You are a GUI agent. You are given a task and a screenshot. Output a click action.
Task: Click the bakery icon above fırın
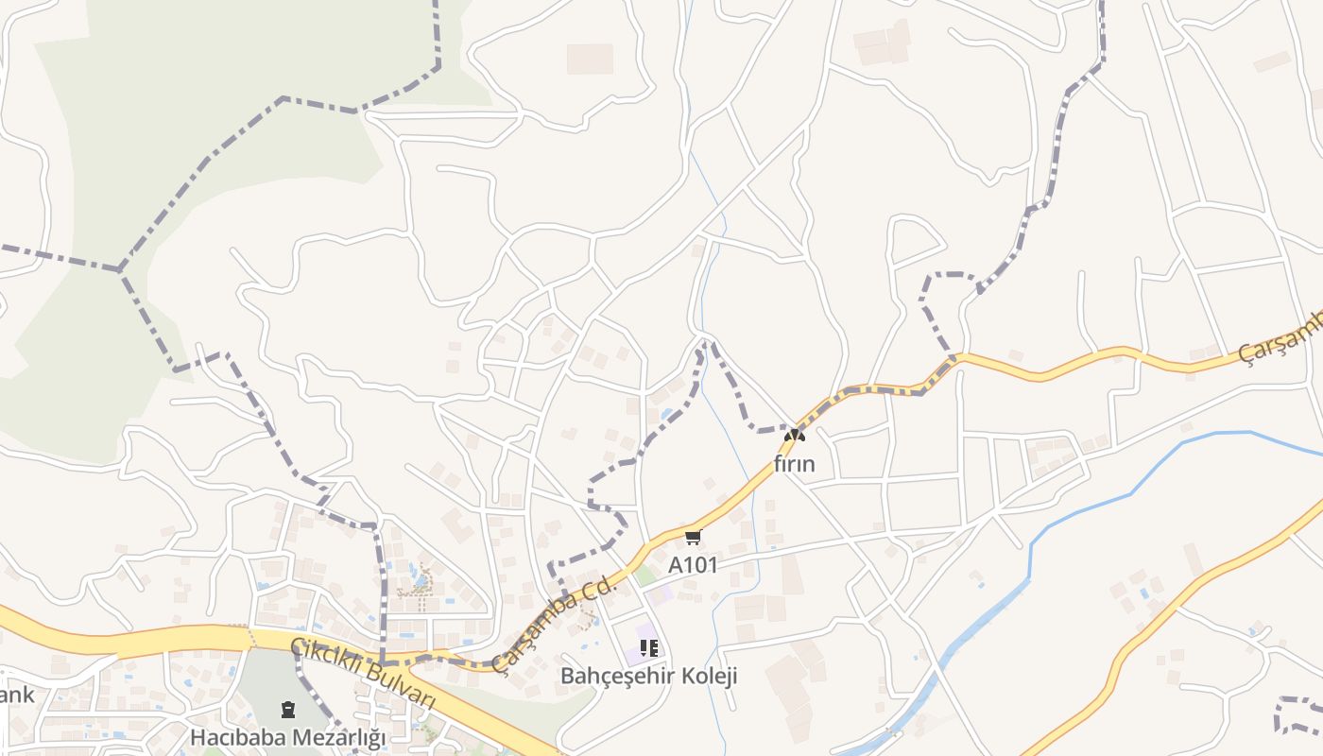click(x=795, y=436)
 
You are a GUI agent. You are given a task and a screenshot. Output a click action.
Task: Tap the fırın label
click(x=794, y=464)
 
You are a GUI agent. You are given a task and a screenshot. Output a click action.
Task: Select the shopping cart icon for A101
click(x=693, y=538)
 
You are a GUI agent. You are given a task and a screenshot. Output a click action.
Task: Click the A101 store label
click(x=693, y=565)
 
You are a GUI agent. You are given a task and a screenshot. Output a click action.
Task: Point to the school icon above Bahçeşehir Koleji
click(x=648, y=648)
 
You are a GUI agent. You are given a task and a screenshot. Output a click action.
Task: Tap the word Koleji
click(x=711, y=677)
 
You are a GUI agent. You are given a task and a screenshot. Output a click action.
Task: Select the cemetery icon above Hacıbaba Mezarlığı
click(x=288, y=709)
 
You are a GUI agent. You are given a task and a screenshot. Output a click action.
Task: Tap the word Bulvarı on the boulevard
click(x=400, y=688)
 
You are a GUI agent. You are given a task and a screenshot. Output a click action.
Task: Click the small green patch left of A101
click(x=645, y=576)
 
